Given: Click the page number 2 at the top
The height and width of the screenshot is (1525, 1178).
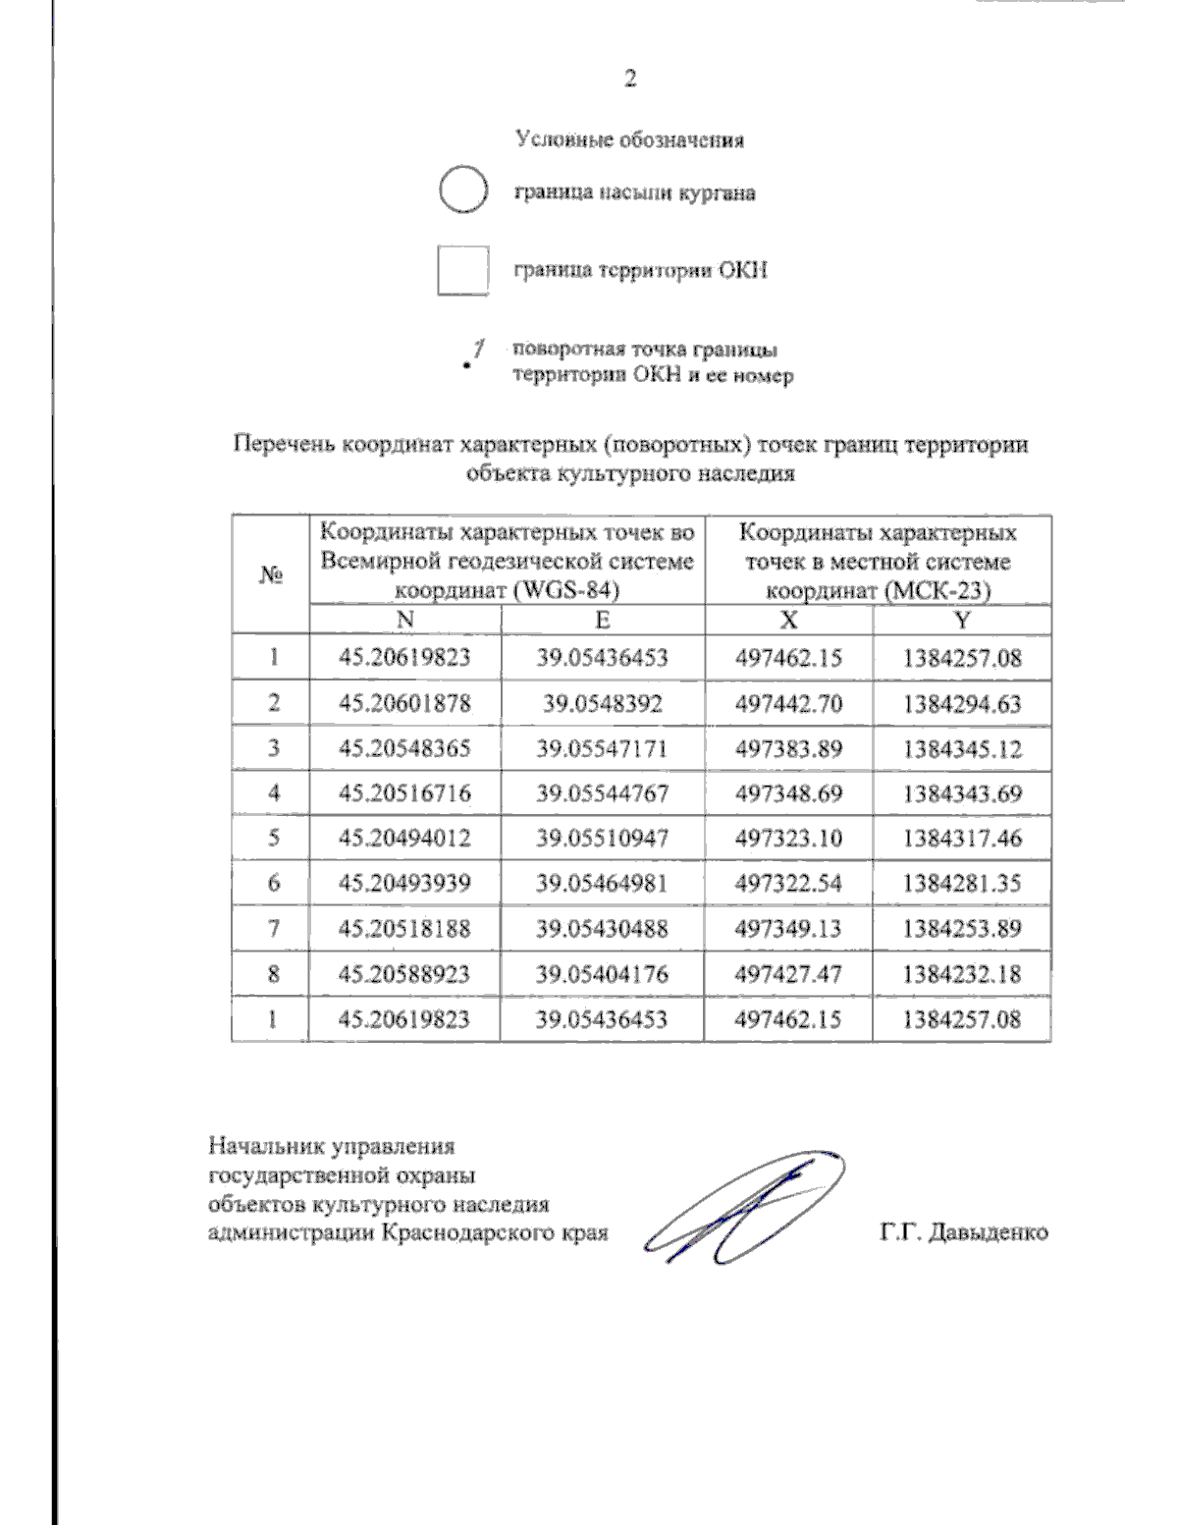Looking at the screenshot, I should pos(630,80).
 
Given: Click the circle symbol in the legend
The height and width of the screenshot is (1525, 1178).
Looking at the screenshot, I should pos(461,191).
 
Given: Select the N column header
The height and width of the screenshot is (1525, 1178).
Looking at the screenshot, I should pos(404,620).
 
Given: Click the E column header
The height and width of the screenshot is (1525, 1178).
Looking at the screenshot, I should pos(602,620).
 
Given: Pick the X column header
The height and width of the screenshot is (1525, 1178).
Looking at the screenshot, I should pos(788,620).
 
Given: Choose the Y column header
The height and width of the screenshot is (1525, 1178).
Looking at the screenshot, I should pos(962,620).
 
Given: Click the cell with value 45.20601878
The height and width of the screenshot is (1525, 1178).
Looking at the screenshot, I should pos(404,703).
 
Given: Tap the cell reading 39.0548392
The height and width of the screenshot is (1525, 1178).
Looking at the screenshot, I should pos(602,703).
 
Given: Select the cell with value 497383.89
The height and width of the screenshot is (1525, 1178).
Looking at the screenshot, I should pos(788,748).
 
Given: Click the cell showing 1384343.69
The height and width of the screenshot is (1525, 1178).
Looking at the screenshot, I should pos(962,793).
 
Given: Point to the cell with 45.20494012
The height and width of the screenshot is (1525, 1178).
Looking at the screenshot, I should pos(404,838).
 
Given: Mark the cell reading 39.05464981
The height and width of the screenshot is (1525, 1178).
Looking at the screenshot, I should pos(602,883).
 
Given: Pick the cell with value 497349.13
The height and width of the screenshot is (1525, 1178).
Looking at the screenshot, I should pos(788,928).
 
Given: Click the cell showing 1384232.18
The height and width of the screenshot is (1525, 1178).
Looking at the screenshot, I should pos(962,974).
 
